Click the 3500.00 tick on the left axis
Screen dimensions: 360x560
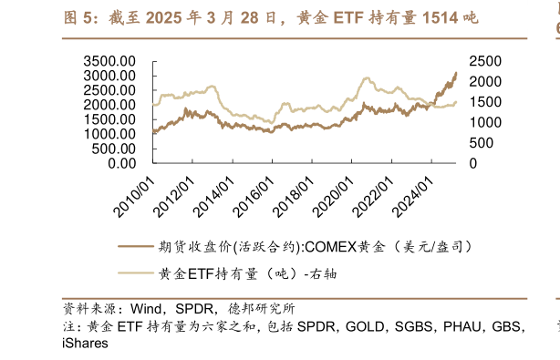(109, 61)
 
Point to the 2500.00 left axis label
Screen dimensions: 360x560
(109, 90)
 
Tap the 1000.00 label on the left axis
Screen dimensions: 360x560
(109, 134)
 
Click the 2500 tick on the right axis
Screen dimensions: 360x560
(484, 61)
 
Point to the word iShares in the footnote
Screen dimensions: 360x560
(85, 344)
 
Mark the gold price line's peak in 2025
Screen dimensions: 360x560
(456, 73)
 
